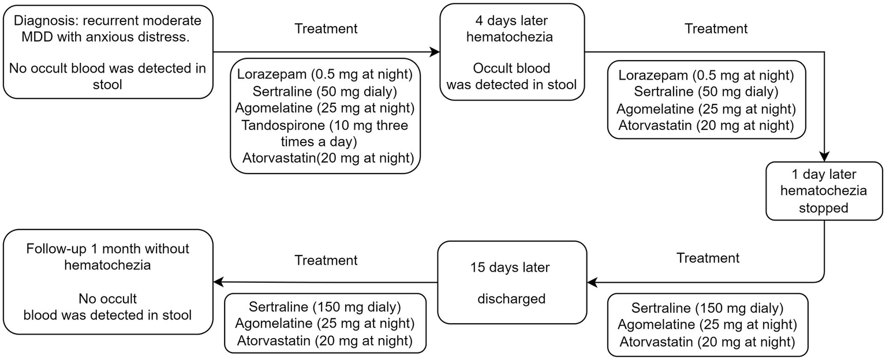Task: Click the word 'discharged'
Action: (x=511, y=298)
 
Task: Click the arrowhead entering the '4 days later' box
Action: (x=435, y=52)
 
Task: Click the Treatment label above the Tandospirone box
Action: (x=326, y=28)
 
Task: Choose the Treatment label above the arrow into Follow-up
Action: (x=326, y=260)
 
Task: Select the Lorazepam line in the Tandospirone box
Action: (x=325, y=74)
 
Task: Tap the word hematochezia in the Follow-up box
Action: (x=107, y=265)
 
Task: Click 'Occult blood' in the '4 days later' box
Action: (x=511, y=68)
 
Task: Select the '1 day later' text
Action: (x=824, y=175)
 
